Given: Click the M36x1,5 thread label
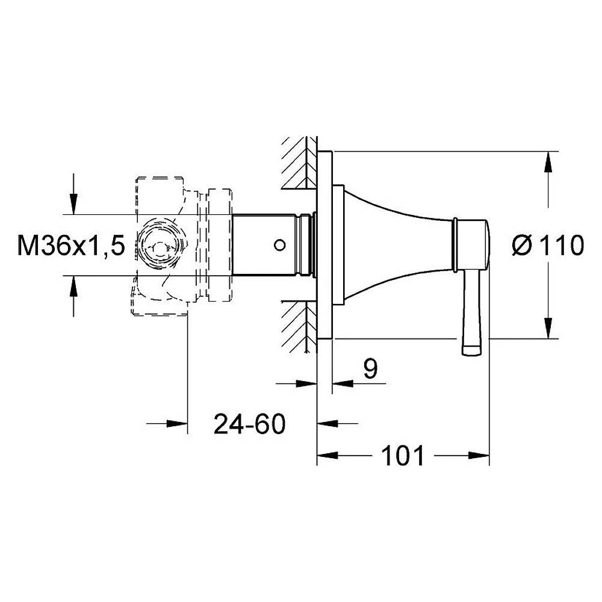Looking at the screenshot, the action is tap(71, 246).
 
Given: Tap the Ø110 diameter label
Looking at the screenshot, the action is tap(548, 246).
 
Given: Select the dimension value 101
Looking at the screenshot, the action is tap(403, 456).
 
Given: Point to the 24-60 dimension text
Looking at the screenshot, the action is tap(250, 424).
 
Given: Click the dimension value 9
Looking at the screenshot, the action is tap(370, 368).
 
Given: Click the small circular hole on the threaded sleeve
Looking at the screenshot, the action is tap(279, 244).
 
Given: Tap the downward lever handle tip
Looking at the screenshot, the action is tap(472, 350).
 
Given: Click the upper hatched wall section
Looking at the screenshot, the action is tap(299, 163).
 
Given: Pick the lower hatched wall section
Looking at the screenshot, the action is tap(299, 326).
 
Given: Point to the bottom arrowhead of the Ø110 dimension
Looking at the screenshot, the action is tap(548, 328).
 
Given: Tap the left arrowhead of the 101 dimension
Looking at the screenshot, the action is tap(327, 456).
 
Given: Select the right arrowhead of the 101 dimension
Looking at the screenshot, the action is tap(479, 456).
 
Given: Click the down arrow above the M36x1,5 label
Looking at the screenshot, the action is tap(73, 204).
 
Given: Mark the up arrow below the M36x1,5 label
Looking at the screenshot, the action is tap(73, 285).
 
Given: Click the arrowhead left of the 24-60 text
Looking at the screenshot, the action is tap(178, 423).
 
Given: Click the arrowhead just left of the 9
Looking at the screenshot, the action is tap(307, 383).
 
